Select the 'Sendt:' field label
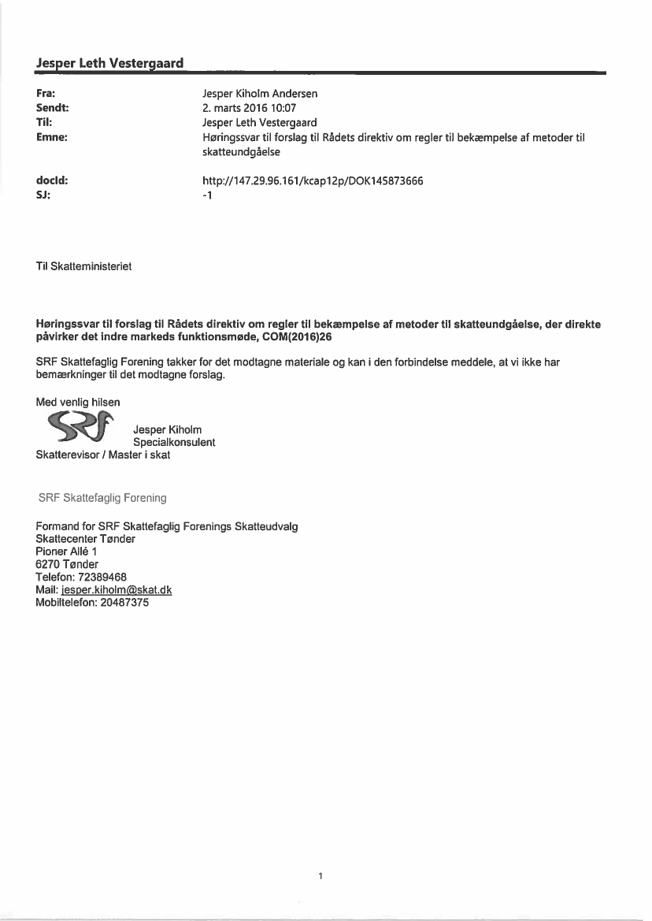50,108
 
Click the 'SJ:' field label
43,195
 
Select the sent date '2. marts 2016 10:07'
249,108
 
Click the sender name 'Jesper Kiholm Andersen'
260,93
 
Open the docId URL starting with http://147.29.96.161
313,180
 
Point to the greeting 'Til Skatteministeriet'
83,266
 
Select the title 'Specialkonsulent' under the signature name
174,442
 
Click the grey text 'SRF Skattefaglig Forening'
102,498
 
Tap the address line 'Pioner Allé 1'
66,551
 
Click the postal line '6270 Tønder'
67,564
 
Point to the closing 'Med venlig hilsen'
78,402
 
